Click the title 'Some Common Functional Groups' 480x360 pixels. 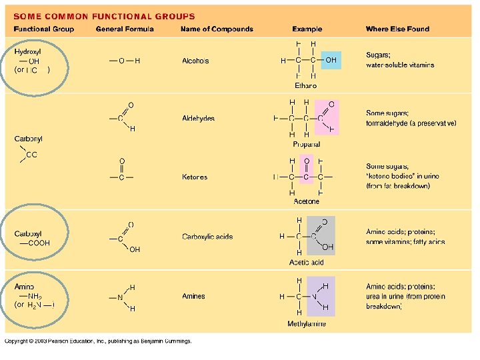point(105,16)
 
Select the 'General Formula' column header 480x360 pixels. point(125,29)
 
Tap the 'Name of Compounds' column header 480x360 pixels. point(217,29)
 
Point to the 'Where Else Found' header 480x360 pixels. point(397,29)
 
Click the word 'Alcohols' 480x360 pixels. point(195,61)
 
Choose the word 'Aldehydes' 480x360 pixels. point(198,119)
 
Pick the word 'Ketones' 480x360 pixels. point(195,177)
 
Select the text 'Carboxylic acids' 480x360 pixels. point(207,237)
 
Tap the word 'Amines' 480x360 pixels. point(193,297)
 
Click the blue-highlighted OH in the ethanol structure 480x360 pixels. point(331,61)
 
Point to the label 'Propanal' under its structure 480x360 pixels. point(306,144)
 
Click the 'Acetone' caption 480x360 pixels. point(306,201)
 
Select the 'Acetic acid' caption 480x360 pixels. point(306,262)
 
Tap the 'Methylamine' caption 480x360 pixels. point(307,324)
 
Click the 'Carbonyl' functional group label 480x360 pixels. point(28,139)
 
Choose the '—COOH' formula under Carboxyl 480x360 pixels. point(35,244)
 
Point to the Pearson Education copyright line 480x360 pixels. point(98,341)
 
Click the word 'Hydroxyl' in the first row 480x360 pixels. point(28,51)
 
